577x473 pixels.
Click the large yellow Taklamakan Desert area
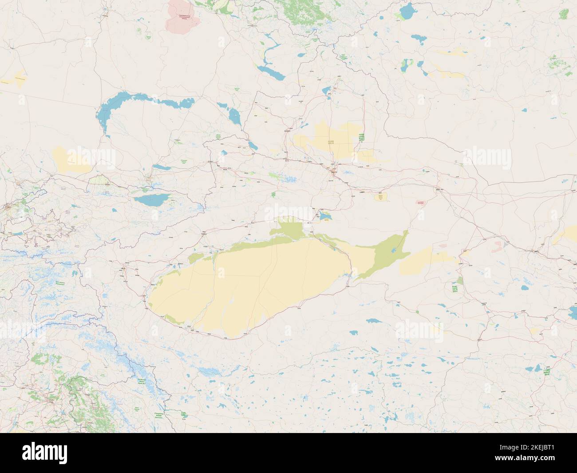coord(249,284)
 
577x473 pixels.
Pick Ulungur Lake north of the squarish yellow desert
coord(327,91)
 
